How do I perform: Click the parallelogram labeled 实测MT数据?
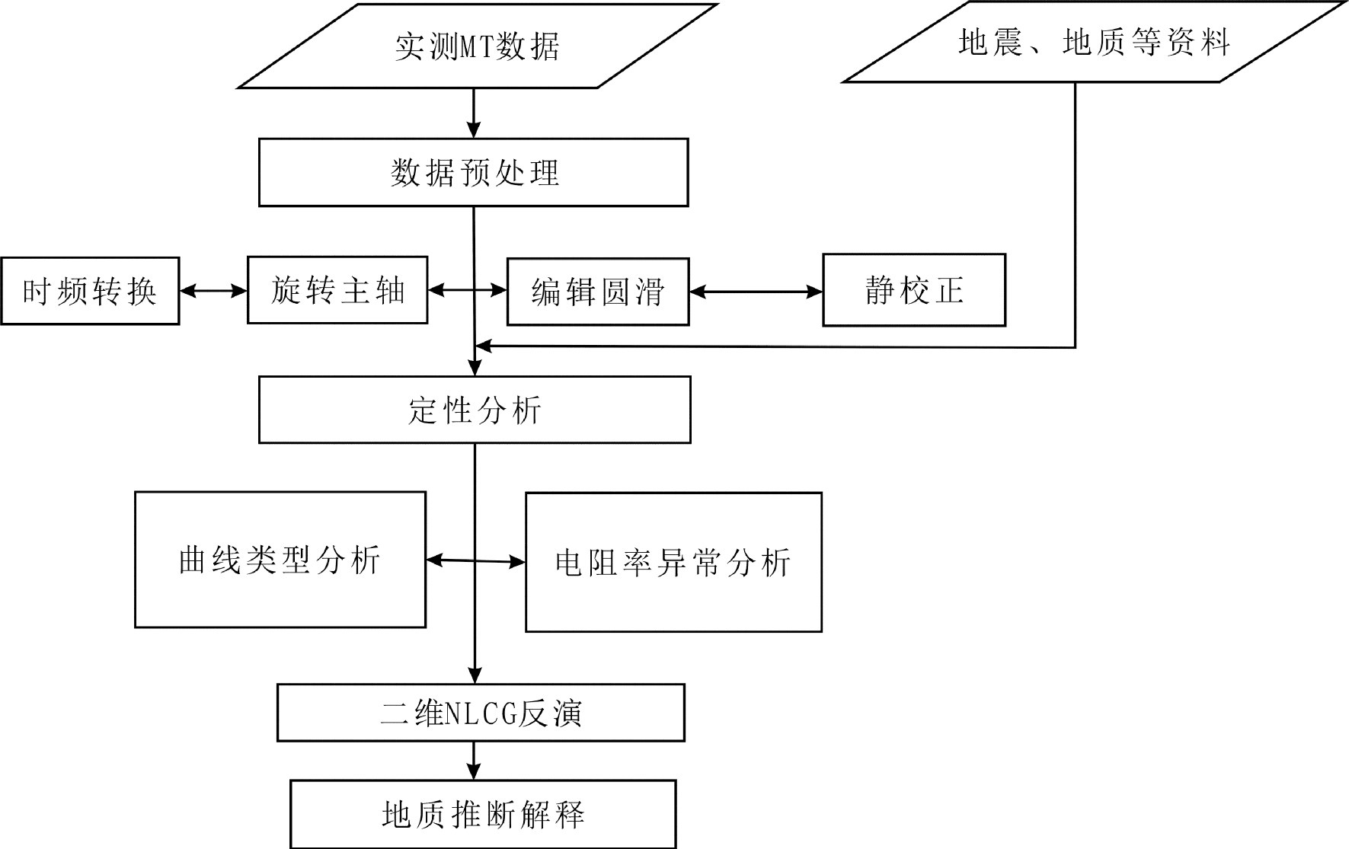click(x=478, y=46)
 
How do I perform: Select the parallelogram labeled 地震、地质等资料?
click(x=1094, y=43)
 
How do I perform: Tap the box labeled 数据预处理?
click(x=474, y=173)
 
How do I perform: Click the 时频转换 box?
click(x=90, y=292)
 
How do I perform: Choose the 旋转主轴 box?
click(x=337, y=291)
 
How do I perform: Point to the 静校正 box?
click(x=914, y=290)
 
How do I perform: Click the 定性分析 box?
click(x=475, y=410)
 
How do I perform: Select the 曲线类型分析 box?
click(x=280, y=560)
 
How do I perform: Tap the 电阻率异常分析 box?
click(x=673, y=563)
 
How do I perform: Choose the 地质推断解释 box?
click(x=483, y=815)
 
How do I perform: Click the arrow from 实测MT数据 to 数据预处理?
click(x=474, y=113)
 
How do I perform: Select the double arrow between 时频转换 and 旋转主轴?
click(x=213, y=291)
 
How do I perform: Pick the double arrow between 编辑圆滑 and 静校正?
click(x=756, y=292)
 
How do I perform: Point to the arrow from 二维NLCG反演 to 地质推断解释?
click(x=474, y=761)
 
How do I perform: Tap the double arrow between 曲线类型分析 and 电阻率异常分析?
click(x=475, y=561)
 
